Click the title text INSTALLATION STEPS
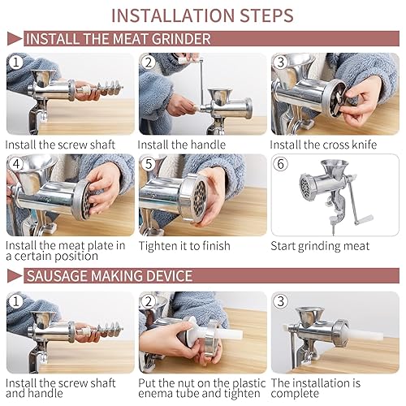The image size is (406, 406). point(202,15)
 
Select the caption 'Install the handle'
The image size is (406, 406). point(180,145)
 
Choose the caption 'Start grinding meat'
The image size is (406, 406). point(318,244)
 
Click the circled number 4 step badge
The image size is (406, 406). point(15,164)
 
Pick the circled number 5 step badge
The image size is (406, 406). point(149,164)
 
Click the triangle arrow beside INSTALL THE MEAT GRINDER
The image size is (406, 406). point(14,39)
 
